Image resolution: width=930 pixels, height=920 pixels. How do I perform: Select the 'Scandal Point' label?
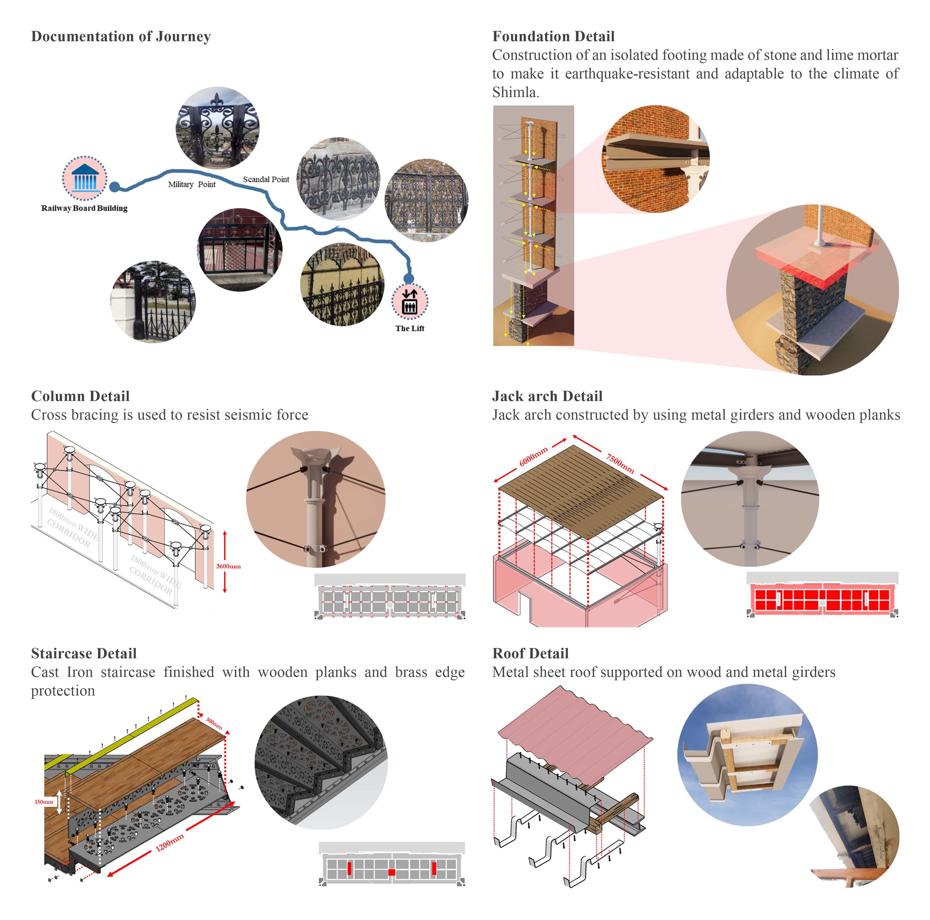pos(266,179)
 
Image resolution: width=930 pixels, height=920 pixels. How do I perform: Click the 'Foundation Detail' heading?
pos(553,36)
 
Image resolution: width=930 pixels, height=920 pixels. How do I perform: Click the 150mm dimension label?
pos(44,802)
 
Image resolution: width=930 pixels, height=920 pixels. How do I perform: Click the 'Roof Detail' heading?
pos(530,654)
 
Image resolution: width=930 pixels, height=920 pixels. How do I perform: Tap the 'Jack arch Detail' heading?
pos(547,396)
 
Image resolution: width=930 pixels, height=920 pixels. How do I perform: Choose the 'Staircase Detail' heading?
pos(84,654)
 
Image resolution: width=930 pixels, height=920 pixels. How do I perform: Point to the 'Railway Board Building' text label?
pos(84,208)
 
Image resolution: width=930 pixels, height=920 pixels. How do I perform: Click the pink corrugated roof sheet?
pos(573,731)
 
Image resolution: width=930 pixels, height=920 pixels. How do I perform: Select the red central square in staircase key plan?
pos(391,872)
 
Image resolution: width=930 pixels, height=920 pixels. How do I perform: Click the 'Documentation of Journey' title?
pos(121,36)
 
